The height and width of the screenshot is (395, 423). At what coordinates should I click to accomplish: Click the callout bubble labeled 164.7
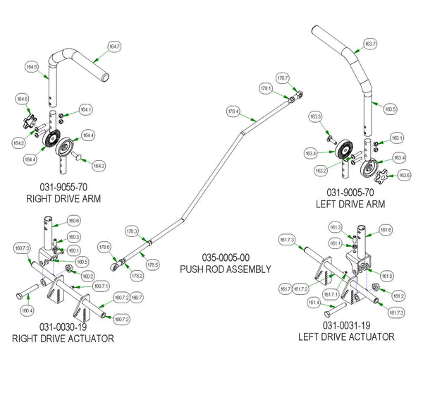114,46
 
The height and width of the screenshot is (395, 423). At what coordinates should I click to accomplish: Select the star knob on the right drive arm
30,125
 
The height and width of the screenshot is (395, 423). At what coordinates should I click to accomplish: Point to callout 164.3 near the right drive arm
99,166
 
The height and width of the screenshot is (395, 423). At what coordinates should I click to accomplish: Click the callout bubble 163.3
314,116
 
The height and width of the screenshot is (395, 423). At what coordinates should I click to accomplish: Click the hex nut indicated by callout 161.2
376,288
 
